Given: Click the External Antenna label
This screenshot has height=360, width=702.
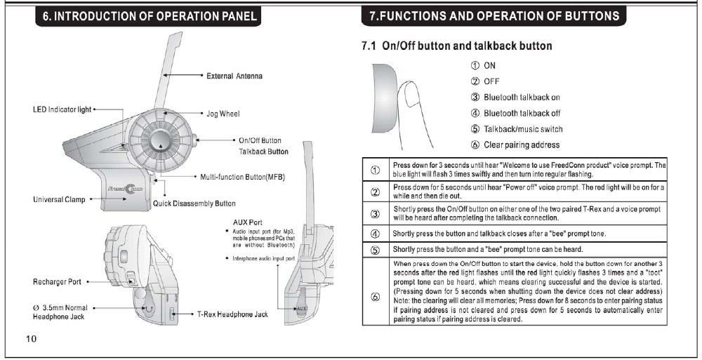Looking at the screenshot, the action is (234, 76).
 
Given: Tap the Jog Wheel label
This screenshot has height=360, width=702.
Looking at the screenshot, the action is (223, 114).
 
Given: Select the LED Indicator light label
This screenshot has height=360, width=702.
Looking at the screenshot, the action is (62, 109).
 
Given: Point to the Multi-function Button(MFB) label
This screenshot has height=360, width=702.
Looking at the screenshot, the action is (242, 177).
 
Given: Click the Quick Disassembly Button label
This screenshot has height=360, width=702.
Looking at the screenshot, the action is (194, 204).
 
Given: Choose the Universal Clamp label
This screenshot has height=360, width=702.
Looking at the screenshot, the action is (59, 199).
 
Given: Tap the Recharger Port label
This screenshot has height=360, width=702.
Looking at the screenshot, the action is (58, 281).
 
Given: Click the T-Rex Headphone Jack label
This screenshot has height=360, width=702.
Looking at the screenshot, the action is (233, 314).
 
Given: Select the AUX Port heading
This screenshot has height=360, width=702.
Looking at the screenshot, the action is (248, 222).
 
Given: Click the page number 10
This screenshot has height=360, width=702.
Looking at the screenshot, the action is (32, 338).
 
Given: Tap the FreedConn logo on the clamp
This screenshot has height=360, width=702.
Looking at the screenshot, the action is (126, 189).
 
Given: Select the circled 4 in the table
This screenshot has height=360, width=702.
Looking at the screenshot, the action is (375, 234).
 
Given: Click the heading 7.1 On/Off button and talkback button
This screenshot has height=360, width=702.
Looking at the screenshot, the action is (457, 46).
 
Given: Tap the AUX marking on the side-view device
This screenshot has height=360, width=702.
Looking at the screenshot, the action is (301, 309).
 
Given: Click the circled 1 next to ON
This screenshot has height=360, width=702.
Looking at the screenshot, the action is (475, 65).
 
